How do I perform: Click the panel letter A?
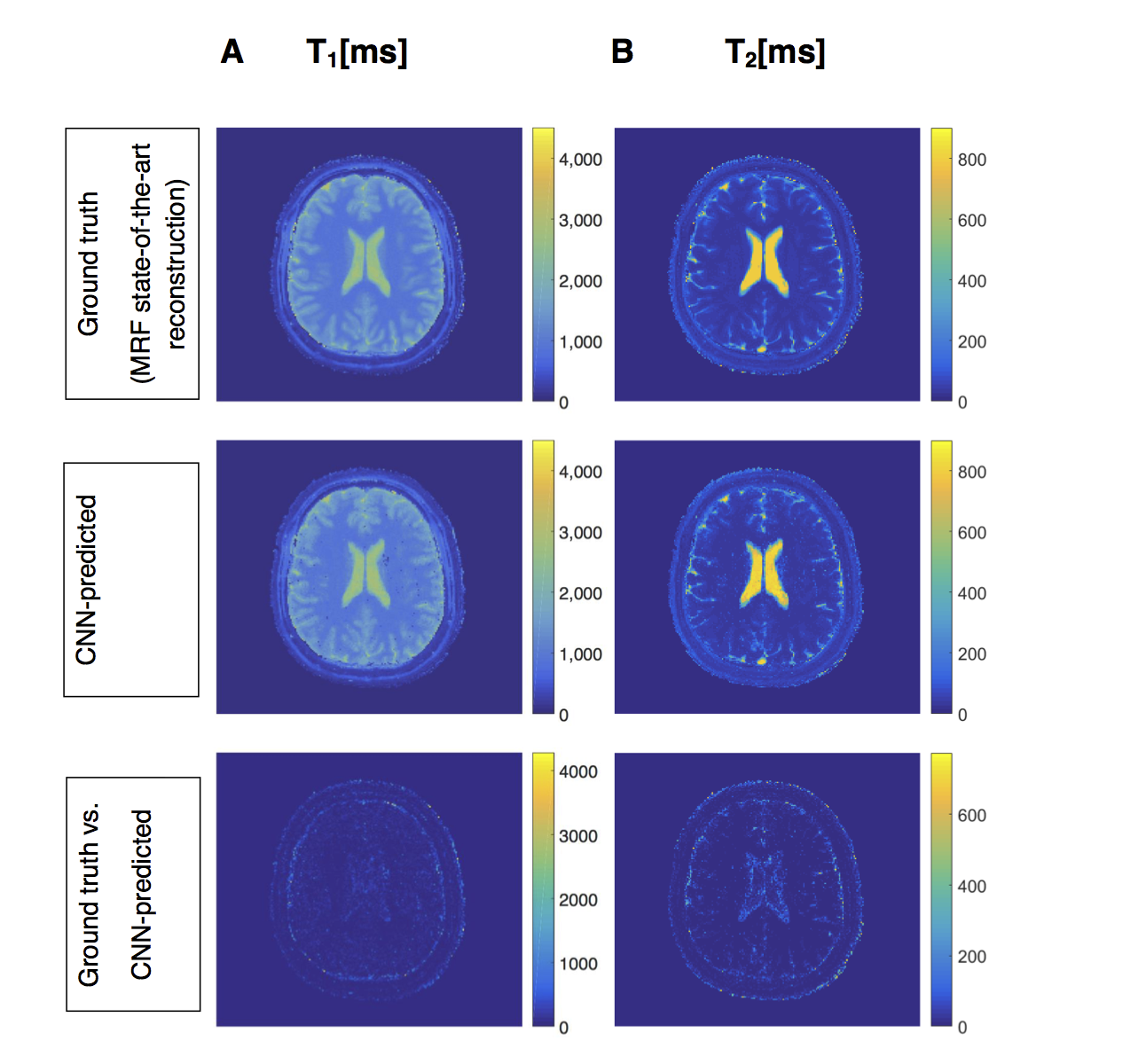coord(232,52)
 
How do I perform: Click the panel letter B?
coord(622,52)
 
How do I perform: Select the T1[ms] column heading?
coord(357,53)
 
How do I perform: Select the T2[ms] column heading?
coord(774,53)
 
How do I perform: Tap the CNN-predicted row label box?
coord(131,579)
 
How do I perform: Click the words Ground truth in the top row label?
coord(89,263)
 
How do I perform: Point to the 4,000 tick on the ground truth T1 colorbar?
coord(580,160)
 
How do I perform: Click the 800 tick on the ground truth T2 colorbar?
coord(971,160)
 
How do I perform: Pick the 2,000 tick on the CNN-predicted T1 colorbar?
coord(580,593)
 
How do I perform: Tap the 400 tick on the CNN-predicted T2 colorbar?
coord(971,593)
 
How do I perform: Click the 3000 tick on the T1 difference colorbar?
coord(577,836)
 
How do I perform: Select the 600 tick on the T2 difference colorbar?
coord(971,815)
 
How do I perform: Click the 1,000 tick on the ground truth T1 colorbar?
coord(580,342)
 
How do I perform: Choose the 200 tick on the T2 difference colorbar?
coord(971,957)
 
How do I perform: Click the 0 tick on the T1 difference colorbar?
coord(563,1028)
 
